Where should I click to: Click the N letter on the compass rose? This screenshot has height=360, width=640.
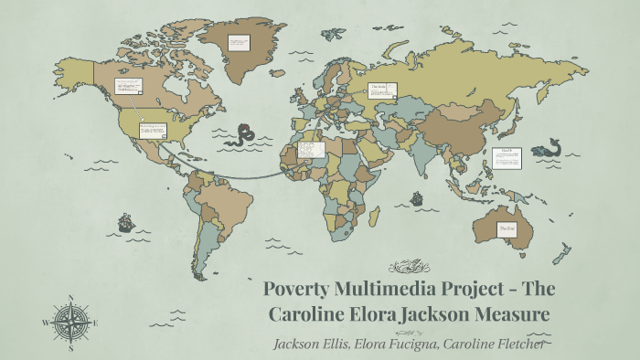pos(70,296)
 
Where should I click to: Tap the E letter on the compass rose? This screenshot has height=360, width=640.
pos(96,322)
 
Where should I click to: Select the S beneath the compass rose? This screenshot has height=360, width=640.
pos(70,348)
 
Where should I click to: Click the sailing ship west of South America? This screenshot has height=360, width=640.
pos(125,222)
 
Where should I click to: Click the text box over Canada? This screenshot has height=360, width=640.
pos(126,88)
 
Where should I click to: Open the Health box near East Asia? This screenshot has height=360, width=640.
pos(507,157)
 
